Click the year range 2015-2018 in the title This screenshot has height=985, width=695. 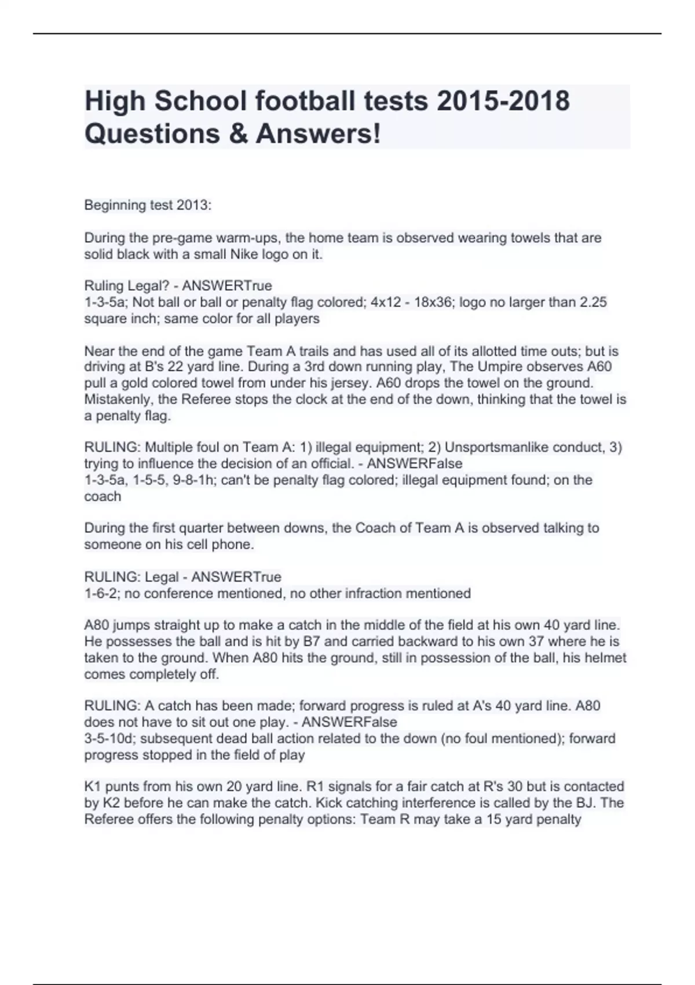pyautogui.click(x=503, y=101)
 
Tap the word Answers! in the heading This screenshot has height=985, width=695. pyautogui.click(x=319, y=134)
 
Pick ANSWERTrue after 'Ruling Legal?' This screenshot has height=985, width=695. pyautogui.click(x=227, y=286)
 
